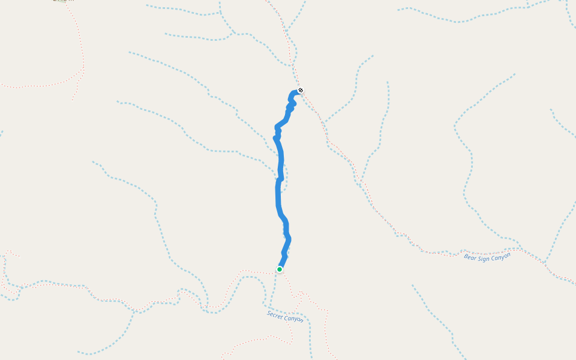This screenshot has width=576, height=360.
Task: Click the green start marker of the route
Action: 280,269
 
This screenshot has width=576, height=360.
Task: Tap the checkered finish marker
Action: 301,91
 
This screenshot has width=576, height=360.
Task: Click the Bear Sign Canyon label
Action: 487,256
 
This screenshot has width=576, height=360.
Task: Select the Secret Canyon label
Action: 285,316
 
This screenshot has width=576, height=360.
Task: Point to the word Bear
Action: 470,257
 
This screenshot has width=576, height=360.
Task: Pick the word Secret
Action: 275,314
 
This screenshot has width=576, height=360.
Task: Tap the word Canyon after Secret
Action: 294,319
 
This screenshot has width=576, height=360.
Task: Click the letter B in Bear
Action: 466,258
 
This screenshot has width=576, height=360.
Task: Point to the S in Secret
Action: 269,313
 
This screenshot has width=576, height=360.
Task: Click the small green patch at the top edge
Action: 61,1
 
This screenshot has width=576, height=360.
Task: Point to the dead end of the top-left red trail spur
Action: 73,100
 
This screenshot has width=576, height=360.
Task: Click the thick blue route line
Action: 278,192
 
